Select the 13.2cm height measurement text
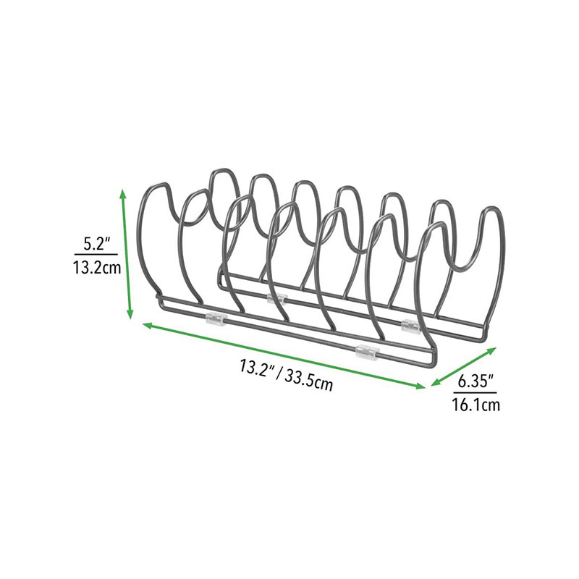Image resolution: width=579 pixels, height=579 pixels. [x=97, y=268]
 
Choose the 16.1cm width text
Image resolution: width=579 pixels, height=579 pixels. [x=476, y=405]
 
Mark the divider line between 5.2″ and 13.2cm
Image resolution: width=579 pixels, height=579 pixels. [x=96, y=255]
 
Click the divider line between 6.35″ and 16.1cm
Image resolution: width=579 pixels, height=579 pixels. [x=476, y=392]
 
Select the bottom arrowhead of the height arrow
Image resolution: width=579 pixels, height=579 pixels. [x=130, y=314]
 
